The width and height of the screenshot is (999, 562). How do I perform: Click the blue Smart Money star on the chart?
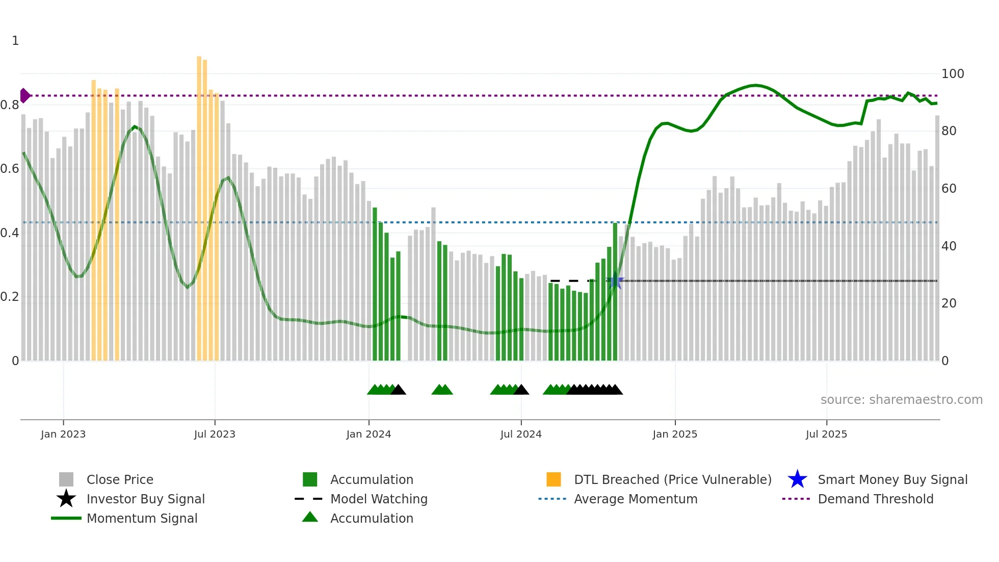click(615, 281)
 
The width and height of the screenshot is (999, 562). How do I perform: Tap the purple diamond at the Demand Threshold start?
click(24, 95)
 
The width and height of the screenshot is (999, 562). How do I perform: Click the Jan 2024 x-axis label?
click(369, 435)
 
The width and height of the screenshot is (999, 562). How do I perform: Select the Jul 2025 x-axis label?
click(826, 435)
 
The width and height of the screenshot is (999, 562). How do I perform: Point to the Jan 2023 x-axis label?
click(63, 435)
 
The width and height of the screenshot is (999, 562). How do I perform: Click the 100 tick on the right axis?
click(952, 74)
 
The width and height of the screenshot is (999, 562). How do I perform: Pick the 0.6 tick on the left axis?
click(10, 169)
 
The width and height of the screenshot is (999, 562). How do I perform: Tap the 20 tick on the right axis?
click(949, 303)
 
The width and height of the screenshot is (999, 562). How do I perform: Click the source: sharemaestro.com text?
click(901, 400)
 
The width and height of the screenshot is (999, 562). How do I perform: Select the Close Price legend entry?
click(119, 480)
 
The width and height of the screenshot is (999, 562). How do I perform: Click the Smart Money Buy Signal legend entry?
click(892, 480)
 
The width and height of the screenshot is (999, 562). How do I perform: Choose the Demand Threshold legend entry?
click(875, 499)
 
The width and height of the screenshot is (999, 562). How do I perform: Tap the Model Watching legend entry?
click(378, 499)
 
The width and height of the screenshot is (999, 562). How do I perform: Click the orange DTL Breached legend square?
click(554, 479)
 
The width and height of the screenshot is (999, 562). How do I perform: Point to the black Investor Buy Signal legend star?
click(66, 499)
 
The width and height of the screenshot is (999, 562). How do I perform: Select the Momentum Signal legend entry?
click(142, 519)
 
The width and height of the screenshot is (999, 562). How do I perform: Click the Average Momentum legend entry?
click(635, 499)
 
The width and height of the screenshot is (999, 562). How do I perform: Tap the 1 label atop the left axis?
click(15, 41)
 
